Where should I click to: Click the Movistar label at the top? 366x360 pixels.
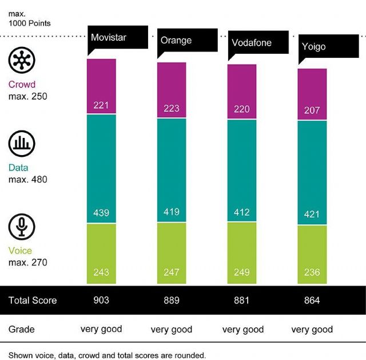click(x=109, y=38)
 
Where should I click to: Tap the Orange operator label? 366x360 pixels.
click(x=176, y=41)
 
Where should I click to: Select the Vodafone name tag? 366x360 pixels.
click(x=252, y=43)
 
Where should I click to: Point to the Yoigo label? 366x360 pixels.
click(x=313, y=46)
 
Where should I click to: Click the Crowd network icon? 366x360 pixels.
click(x=22, y=60)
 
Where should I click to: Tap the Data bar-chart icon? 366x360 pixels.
click(x=22, y=144)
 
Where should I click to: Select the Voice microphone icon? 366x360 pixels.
click(x=22, y=227)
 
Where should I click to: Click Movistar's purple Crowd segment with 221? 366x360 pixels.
click(x=101, y=105)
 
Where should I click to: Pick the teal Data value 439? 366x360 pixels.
click(x=101, y=212)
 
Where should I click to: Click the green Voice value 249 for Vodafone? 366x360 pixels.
click(x=242, y=272)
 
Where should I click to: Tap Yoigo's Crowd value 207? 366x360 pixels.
click(x=312, y=109)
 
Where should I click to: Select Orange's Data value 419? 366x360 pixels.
click(x=171, y=212)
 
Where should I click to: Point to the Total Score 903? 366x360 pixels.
click(x=101, y=300)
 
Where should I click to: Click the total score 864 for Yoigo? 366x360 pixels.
click(x=312, y=300)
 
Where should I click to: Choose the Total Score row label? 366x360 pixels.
click(x=33, y=300)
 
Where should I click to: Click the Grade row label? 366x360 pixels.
click(x=22, y=330)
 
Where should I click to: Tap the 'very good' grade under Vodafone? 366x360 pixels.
click(x=242, y=330)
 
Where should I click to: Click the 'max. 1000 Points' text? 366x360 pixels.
click(x=30, y=19)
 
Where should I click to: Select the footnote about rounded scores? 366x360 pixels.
click(x=107, y=355)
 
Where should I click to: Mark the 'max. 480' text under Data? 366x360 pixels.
click(x=27, y=179)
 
